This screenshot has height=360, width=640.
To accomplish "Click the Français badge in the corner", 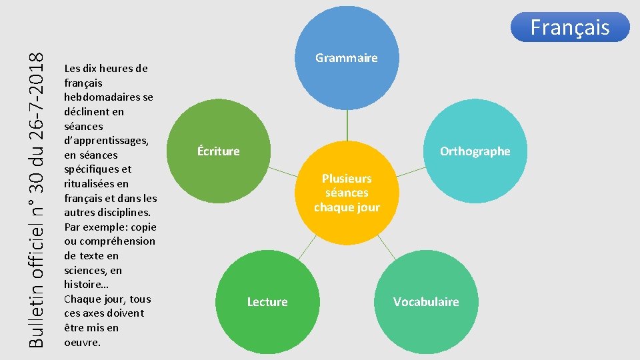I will pos(569,27).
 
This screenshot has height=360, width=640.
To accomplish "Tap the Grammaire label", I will pos(346,58).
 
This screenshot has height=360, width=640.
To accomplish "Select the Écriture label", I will pos(218,151).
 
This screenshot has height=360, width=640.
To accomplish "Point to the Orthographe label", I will pos(475,151).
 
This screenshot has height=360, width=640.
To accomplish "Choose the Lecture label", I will pos(267,302).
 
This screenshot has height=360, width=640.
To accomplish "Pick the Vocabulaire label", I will pos(426,302).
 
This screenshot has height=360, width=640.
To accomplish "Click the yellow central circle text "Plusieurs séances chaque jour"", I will pos(347,193).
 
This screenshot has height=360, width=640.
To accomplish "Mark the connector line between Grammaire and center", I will pos(347,126).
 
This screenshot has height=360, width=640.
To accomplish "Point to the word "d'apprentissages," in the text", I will pos(106,141).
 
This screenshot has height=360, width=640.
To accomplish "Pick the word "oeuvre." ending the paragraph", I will pos(83,343).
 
